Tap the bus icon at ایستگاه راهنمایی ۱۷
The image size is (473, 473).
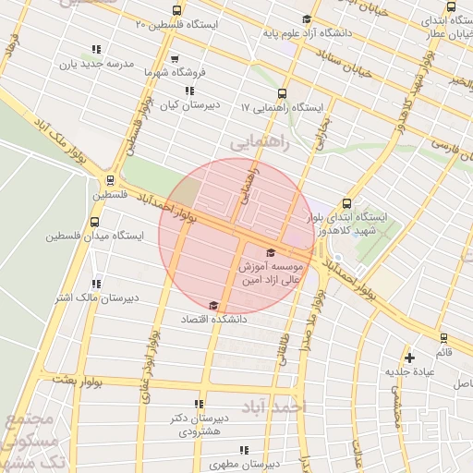pos(282,92)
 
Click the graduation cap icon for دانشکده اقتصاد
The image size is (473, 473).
pos(213,305)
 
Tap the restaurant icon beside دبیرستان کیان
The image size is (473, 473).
pos(189,91)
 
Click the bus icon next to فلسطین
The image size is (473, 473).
pos(111,180)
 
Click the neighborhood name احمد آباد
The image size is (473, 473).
pos(272,406)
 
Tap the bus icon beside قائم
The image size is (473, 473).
pos(443,338)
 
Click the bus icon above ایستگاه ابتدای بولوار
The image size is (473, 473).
pos(346,203)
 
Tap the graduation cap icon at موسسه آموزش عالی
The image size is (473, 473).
pos(270,252)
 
